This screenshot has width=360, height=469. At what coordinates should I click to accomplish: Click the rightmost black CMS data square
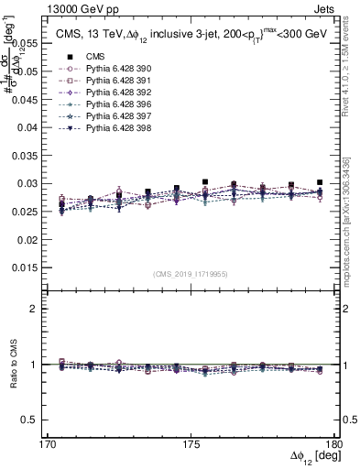(320, 182)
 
